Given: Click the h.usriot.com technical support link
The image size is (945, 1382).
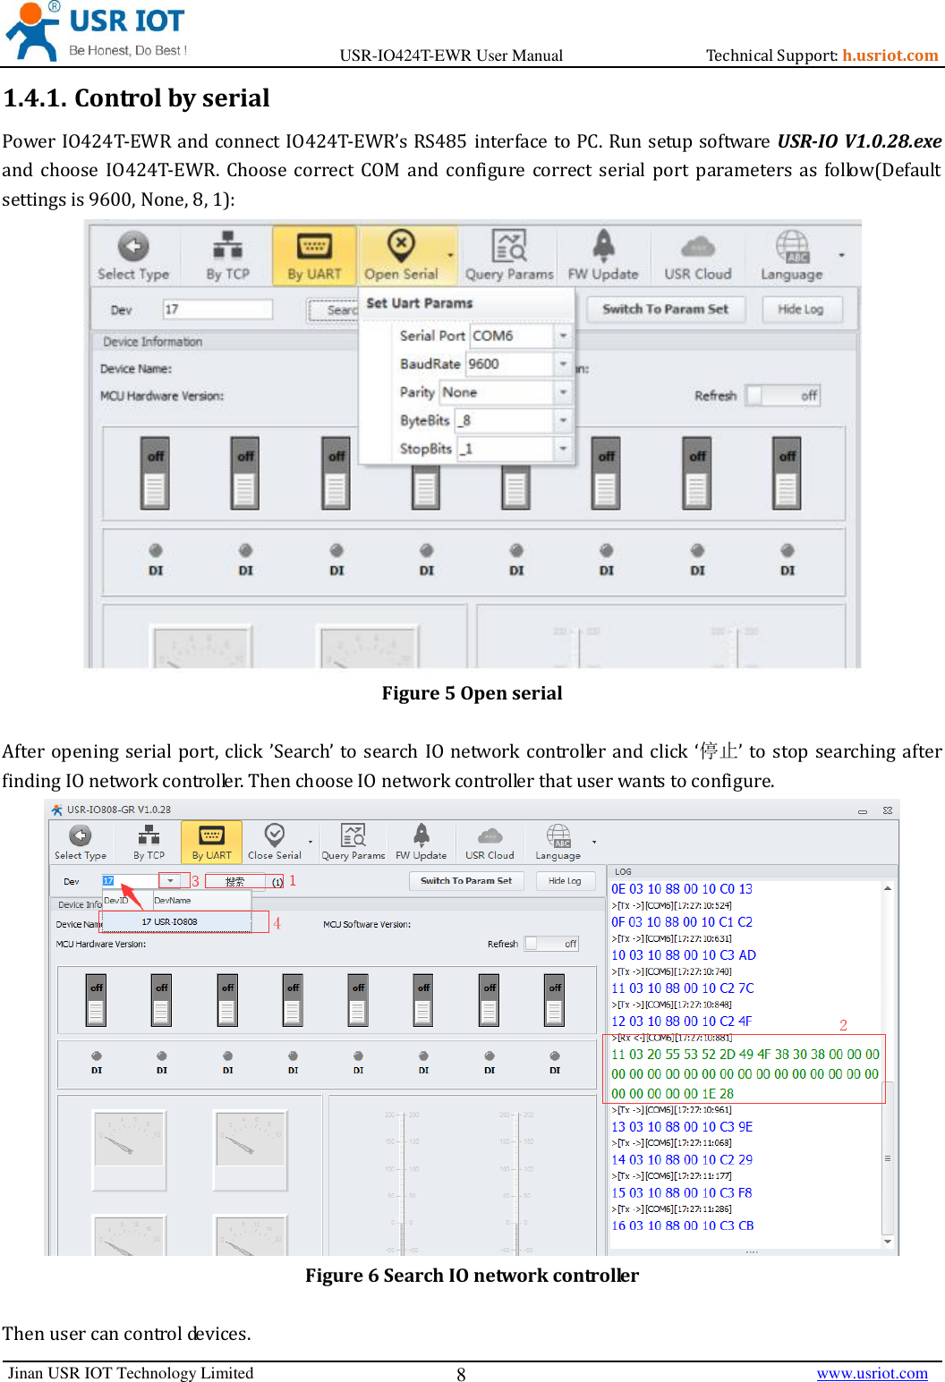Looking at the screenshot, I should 890,55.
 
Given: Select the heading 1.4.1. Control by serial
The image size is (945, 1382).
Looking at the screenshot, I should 136,98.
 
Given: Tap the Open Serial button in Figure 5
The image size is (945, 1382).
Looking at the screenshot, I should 401,256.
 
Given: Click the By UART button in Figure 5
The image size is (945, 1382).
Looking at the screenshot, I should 314,256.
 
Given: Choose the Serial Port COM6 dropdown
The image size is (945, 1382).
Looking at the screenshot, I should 519,335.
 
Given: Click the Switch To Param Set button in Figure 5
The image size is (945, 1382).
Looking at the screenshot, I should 665,309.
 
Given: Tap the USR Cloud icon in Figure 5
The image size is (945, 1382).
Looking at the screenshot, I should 697,256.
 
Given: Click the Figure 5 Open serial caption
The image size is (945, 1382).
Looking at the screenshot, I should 472,693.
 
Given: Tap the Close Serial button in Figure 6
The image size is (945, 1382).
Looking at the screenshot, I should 275,842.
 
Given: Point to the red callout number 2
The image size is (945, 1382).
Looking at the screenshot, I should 843,1025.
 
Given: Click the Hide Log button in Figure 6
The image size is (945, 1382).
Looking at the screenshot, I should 564,881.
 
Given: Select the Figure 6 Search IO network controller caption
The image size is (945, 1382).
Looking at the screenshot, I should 472,1276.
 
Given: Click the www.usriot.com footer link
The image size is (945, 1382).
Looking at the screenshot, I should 872,1373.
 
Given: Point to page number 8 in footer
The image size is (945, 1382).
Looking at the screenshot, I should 461,1375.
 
